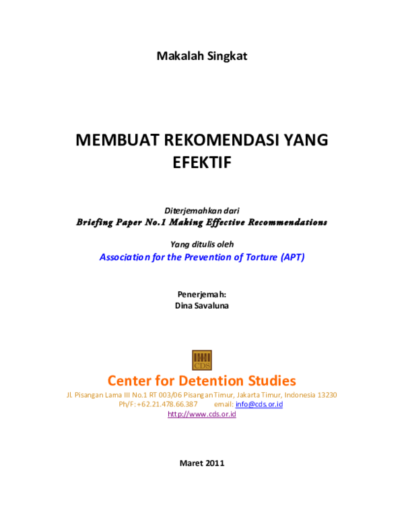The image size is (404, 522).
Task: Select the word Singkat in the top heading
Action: (x=227, y=57)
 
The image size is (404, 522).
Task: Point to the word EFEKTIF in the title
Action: (x=202, y=163)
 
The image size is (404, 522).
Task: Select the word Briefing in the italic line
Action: (x=95, y=223)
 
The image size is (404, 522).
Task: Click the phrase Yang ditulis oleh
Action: (x=202, y=244)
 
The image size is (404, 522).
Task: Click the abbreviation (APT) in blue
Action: (x=293, y=257)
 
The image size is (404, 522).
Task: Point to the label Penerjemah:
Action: (x=202, y=295)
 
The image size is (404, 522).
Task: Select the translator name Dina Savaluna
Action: (x=202, y=305)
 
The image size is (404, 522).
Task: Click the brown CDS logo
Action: (x=202, y=360)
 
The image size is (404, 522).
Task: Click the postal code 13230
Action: (x=327, y=395)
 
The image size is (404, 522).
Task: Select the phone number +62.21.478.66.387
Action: (x=168, y=404)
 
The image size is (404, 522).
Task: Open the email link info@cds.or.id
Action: (x=259, y=404)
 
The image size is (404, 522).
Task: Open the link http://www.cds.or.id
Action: (x=202, y=414)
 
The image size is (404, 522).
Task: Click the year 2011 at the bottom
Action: (x=215, y=463)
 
